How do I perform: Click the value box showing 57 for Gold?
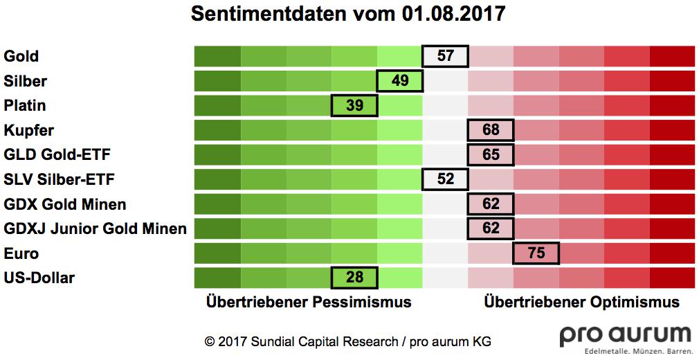[x=445, y=55]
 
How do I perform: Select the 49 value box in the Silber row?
[x=400, y=80]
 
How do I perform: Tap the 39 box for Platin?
[x=355, y=105]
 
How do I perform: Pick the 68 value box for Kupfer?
[x=491, y=130]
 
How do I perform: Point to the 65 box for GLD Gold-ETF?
[x=491, y=154]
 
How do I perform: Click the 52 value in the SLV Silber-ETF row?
[x=445, y=179]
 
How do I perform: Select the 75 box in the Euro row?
[x=536, y=253]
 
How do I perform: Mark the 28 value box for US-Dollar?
[x=355, y=278]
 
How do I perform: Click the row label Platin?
[x=25, y=106]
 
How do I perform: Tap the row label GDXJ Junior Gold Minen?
[x=95, y=228]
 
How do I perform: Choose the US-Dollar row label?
[x=39, y=278]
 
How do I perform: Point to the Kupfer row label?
[x=28, y=130]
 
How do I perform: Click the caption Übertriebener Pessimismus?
[x=309, y=303]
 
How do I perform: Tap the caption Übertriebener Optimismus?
[x=581, y=303]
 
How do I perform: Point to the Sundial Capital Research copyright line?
[x=347, y=341]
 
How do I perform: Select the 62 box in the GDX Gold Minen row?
[x=491, y=204]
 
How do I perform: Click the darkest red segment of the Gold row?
[x=671, y=55]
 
